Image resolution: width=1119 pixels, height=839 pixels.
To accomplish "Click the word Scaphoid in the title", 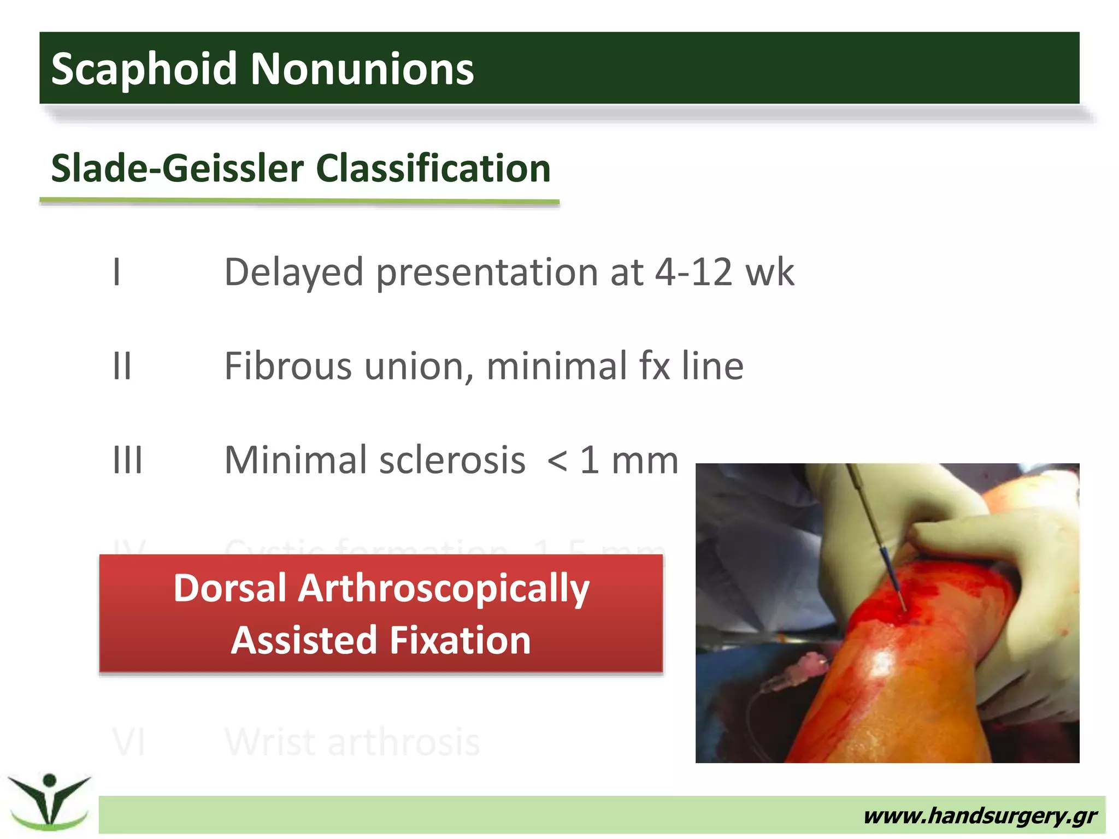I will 144,69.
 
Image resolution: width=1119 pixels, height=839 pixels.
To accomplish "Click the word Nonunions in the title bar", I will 362,69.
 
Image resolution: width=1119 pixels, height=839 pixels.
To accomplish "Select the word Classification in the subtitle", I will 433,168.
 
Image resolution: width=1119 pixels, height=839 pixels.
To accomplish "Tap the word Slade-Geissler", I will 177,168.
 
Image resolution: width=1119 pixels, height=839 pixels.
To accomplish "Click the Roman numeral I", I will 116,271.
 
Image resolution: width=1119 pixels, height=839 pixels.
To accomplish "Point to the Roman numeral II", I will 122,365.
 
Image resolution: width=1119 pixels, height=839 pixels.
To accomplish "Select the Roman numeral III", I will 127,460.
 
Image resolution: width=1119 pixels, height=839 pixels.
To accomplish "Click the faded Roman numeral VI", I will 129,742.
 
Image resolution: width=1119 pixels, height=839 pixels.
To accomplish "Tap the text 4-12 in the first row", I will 693,271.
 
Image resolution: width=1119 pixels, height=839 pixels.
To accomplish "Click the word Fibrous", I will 288,365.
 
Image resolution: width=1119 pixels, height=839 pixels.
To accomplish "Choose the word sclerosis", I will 452,460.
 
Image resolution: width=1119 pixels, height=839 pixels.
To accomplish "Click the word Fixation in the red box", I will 460,640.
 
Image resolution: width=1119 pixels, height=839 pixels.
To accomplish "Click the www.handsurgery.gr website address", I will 980,816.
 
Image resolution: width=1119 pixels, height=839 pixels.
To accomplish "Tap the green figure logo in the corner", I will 50,801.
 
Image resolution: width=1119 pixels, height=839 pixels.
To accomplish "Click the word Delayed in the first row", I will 294,271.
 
